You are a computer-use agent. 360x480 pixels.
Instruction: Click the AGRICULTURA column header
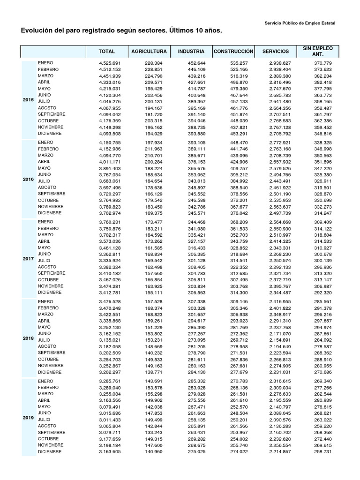[149, 51]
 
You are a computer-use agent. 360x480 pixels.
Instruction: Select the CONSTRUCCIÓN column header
[233, 51]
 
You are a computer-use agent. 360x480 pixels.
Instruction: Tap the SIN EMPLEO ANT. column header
[318, 51]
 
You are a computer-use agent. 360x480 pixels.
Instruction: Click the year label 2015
[28, 100]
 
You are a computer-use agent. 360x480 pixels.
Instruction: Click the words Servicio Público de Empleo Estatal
[300, 23]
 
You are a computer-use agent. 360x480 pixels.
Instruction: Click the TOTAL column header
[106, 51]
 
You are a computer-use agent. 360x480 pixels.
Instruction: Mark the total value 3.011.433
[110, 420]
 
